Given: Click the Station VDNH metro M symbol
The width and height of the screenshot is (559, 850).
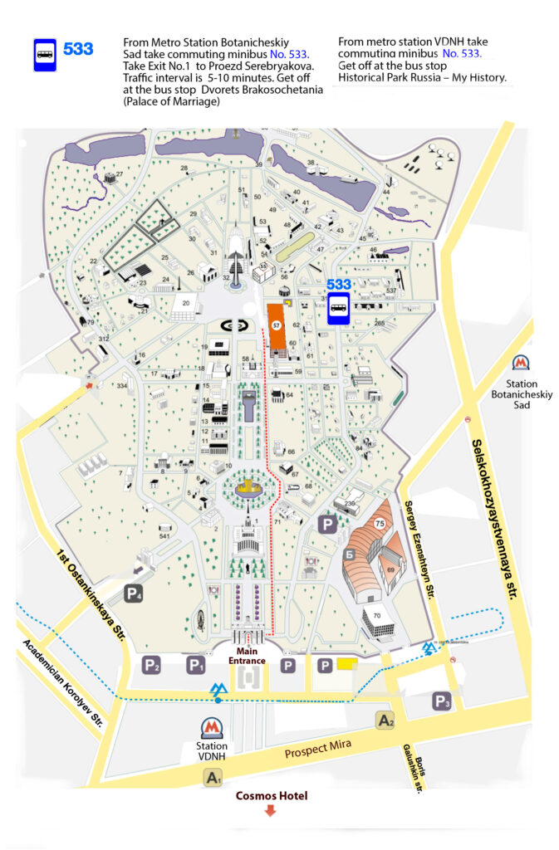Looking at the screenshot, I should [x=213, y=729].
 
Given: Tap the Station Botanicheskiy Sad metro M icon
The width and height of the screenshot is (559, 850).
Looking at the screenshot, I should [x=521, y=363].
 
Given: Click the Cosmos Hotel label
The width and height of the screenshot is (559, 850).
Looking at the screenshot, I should [x=271, y=795].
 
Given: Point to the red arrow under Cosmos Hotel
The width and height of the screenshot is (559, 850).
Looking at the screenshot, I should [x=270, y=811].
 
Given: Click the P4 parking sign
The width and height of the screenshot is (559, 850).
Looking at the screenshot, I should [x=134, y=593].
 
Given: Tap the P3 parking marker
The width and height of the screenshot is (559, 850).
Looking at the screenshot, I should [x=442, y=702].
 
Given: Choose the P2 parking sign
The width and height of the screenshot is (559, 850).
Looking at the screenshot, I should [x=151, y=665].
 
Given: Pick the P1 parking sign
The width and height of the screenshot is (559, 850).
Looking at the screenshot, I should [x=195, y=665].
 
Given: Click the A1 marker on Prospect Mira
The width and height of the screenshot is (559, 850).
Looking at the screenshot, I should [x=213, y=778].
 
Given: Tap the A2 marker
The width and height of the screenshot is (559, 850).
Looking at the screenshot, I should [x=385, y=721].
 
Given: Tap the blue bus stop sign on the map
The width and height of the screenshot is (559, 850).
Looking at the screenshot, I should [x=339, y=310].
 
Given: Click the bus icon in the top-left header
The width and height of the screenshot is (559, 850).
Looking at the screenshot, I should [x=44, y=55].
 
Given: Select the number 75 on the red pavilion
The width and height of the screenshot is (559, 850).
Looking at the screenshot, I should [x=380, y=524].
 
